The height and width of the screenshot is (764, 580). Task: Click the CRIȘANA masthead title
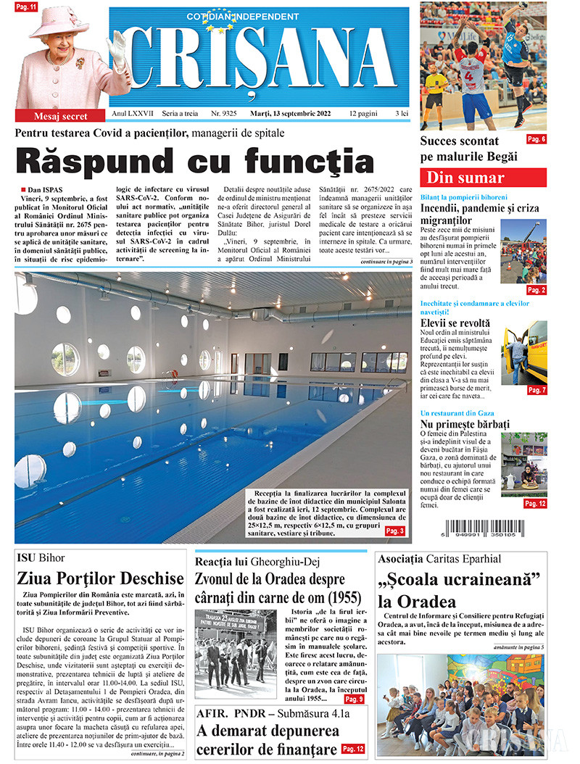[259, 64]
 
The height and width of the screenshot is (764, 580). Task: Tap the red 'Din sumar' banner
[483, 178]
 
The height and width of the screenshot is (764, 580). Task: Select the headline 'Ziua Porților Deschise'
[100, 578]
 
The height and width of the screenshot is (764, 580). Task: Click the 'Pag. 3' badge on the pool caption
[415, 531]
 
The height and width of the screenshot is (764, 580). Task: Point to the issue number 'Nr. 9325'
[226, 115]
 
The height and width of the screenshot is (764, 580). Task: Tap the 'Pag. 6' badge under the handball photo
[536, 139]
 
